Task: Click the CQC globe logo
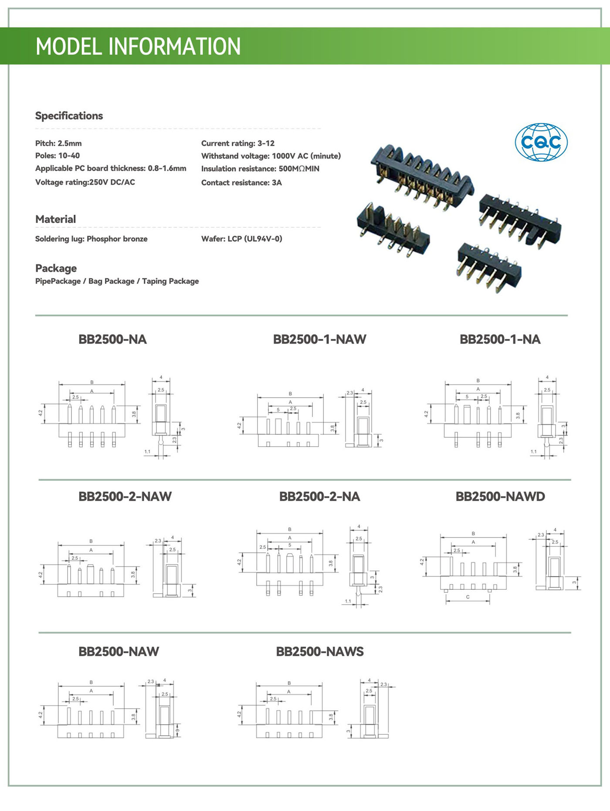tap(541, 142)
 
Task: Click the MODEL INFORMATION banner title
tap(138, 46)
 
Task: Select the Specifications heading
tap(69, 116)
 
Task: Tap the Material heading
tap(55, 219)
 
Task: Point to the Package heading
tap(56, 268)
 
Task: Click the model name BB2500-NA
tap(112, 339)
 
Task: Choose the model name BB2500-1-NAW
tap(319, 339)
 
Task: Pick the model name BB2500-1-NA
tap(500, 339)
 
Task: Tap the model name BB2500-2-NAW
tap(125, 496)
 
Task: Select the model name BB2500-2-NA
tap(319, 496)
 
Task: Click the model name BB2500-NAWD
tap(500, 496)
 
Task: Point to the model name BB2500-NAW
tap(119, 651)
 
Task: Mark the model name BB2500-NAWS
tap(319, 651)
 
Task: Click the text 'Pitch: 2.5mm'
tap(58, 143)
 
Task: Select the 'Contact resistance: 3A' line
tap(241, 182)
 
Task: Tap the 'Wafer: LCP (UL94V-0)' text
tap(241, 239)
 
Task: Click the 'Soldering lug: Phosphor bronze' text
tap(91, 239)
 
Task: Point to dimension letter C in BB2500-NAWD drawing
tap(468, 597)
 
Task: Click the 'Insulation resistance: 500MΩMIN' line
tap(260, 169)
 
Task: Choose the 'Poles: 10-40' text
tap(58, 155)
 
